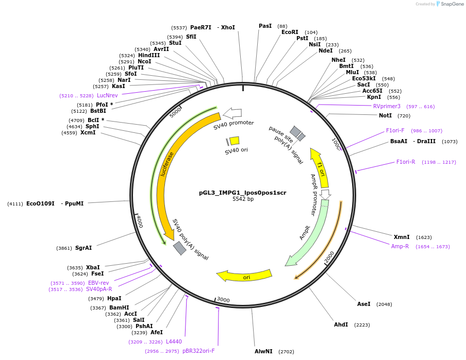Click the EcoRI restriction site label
click(x=290, y=32)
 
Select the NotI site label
click(x=385, y=115)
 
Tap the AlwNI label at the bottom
click(x=263, y=351)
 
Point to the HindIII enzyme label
click(x=149, y=55)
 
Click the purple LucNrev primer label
click(x=107, y=95)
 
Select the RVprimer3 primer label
click(x=387, y=106)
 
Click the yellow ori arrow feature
click(x=244, y=277)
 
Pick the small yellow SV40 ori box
click(x=234, y=141)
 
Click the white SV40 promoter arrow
click(x=233, y=113)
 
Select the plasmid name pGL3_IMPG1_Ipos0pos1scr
click(x=243, y=193)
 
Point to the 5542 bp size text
click(x=243, y=199)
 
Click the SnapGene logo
click(x=449, y=4)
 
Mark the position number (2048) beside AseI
click(x=384, y=304)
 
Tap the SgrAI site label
click(x=84, y=248)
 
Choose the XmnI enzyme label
click(x=402, y=237)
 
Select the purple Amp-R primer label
click(x=400, y=246)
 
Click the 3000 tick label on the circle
click(x=223, y=299)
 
